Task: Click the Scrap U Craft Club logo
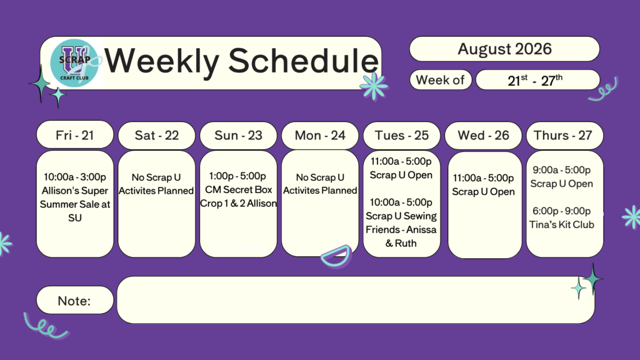tap(74, 62)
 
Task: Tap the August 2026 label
tap(504, 49)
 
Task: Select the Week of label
tap(440, 80)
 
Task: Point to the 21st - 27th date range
tap(535, 81)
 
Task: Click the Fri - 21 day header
tap(75, 135)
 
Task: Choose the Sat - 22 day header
tap(157, 135)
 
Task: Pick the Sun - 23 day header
tap(238, 135)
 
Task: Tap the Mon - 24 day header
tap(320, 135)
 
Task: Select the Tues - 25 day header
tap(402, 135)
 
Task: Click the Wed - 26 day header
tap(483, 135)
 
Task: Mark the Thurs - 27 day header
tap(563, 135)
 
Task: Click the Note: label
tap(74, 301)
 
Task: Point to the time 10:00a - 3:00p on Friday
tap(75, 177)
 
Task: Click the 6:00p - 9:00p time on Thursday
tap(562, 211)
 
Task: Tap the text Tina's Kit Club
tap(562, 224)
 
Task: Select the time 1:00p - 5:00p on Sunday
tap(237, 176)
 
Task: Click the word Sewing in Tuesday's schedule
tap(421, 216)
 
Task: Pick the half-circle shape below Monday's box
tap(336, 256)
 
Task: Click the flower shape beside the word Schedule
tap(374, 86)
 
